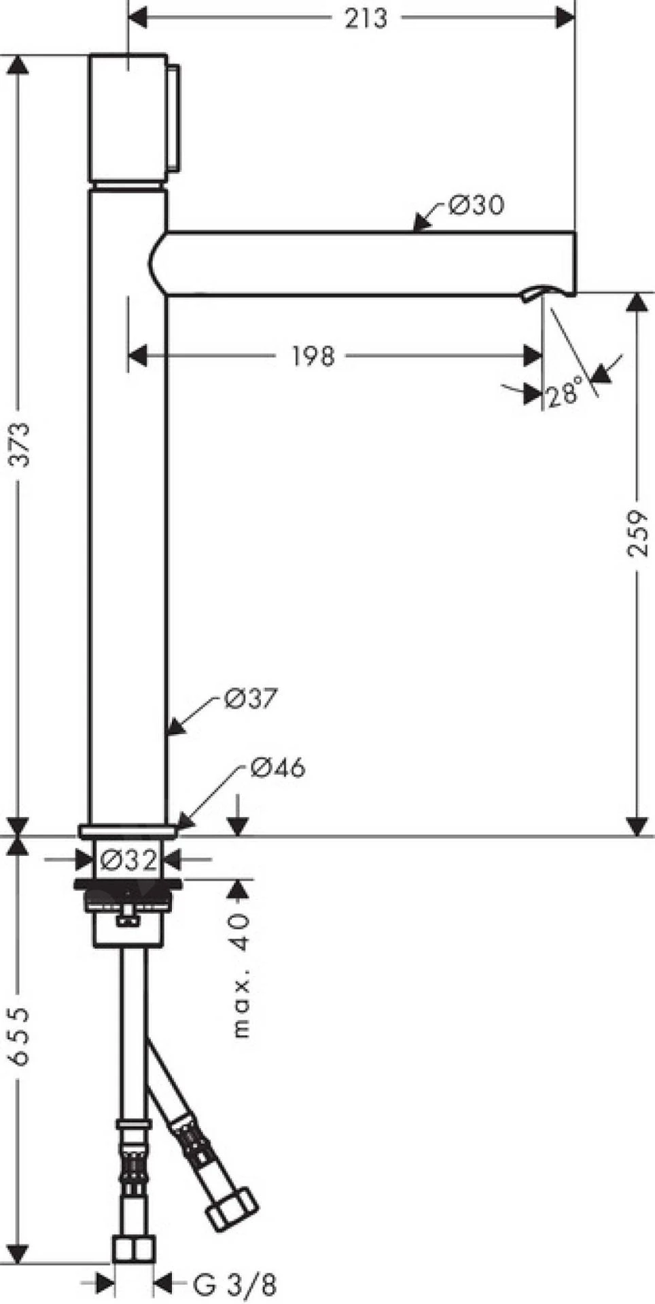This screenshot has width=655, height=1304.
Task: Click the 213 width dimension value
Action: coord(366,18)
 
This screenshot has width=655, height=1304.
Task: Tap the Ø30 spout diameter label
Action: coord(476,204)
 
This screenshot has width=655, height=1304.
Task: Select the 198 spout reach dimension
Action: coord(313,355)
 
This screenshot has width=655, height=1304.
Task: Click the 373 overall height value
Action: coord(22,444)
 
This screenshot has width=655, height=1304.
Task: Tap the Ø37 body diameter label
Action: coord(251,698)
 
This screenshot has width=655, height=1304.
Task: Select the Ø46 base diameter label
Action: coord(278,767)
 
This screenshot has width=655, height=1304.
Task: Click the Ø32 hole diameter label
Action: coord(129,860)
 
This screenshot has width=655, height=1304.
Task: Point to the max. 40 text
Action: coord(241,975)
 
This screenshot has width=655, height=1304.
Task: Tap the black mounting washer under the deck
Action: coord(128,884)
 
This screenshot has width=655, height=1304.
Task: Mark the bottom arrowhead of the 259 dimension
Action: coord(637,826)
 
